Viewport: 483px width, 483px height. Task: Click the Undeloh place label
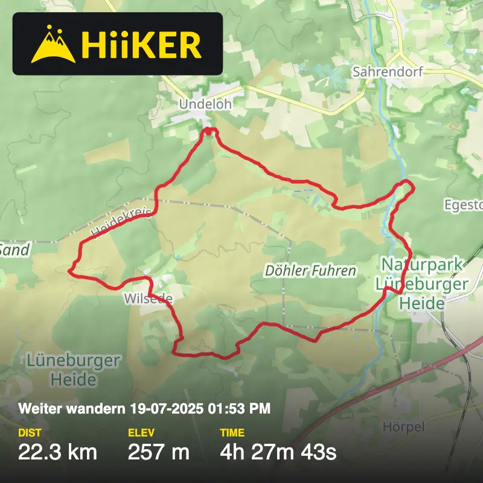(x=205, y=104)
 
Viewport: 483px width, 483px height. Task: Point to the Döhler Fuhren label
(x=310, y=271)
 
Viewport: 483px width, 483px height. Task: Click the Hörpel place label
(x=403, y=427)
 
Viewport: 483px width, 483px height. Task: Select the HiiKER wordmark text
(x=141, y=45)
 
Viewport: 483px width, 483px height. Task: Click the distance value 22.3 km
(x=57, y=452)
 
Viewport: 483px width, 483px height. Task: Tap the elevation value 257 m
(x=159, y=452)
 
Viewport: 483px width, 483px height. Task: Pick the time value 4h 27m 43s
(x=278, y=452)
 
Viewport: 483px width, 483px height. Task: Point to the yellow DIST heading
(x=30, y=433)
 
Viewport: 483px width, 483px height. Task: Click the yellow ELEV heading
(x=141, y=433)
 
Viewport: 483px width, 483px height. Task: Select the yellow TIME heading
(x=232, y=433)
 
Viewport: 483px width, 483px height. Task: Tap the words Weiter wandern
(x=72, y=409)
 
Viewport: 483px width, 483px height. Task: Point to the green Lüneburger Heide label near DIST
(x=73, y=370)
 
